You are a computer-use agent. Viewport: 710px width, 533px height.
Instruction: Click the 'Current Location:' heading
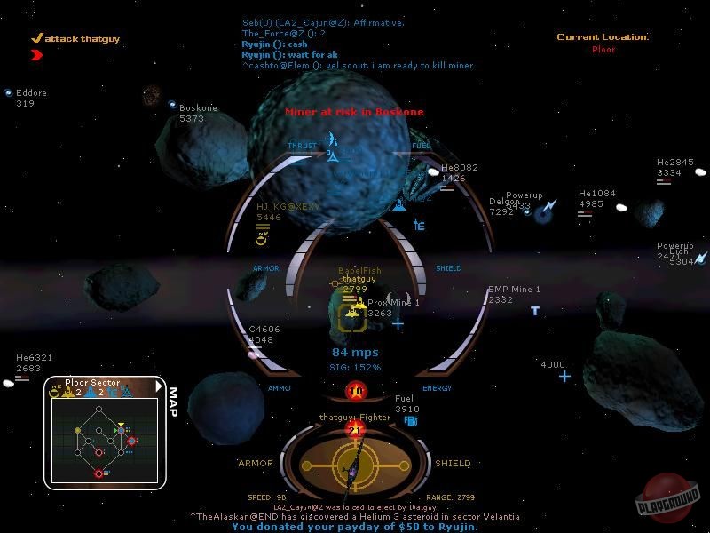click(603, 37)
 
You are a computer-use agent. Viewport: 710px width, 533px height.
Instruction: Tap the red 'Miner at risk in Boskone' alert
click(354, 112)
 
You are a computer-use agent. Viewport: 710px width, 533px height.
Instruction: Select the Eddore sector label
click(31, 92)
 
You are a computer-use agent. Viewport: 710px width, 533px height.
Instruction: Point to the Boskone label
click(198, 107)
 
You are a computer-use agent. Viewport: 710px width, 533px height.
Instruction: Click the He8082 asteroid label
click(459, 167)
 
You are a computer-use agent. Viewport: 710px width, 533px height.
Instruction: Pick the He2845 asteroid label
click(674, 162)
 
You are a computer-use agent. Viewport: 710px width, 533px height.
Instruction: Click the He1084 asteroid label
click(596, 193)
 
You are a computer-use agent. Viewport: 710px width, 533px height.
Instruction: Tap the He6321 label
click(34, 357)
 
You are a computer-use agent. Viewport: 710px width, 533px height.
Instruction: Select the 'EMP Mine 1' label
click(514, 290)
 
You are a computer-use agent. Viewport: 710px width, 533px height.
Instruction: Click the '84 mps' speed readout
click(355, 353)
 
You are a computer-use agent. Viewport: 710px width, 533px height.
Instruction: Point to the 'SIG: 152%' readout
click(355, 367)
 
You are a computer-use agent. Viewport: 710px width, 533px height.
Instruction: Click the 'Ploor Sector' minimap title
click(92, 382)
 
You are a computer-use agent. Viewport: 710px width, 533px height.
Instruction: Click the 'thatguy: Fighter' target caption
click(354, 417)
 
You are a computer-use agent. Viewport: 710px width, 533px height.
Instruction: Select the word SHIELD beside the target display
click(452, 463)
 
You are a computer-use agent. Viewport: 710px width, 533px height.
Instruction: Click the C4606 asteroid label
click(264, 329)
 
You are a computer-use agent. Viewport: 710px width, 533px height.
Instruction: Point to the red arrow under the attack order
click(36, 55)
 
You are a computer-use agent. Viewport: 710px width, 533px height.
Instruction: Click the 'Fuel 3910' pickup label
click(406, 399)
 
